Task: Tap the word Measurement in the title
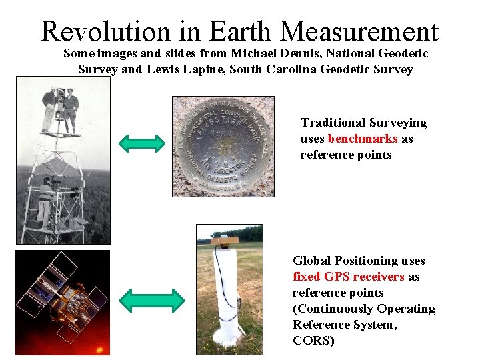[x=359, y=31]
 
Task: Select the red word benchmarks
[x=363, y=139]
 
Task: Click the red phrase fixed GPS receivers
[x=348, y=277]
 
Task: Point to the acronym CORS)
[x=313, y=341]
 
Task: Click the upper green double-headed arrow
[x=142, y=143]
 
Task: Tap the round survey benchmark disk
[x=223, y=145]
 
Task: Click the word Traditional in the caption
[x=333, y=123]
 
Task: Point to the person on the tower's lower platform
[x=45, y=200]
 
